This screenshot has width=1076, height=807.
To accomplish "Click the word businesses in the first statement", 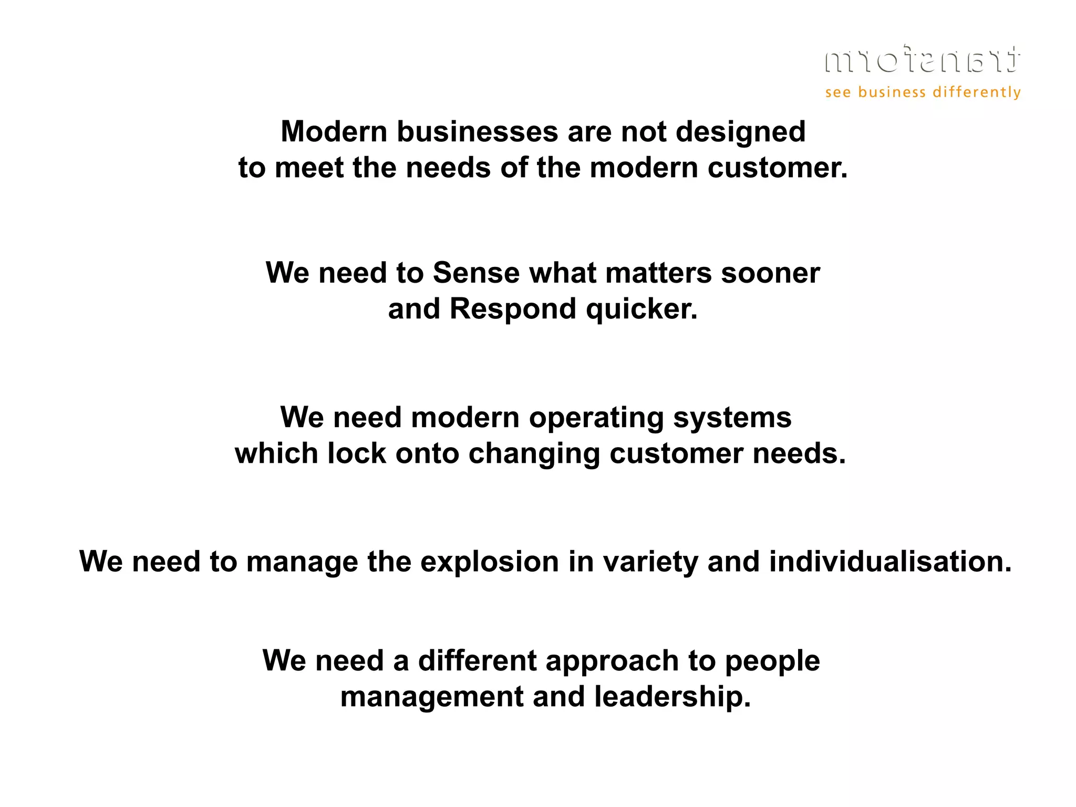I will click(x=477, y=131).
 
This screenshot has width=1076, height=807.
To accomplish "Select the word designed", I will click(x=740, y=132).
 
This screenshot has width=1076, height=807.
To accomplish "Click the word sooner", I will click(x=770, y=273).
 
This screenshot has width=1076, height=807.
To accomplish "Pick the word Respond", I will click(x=513, y=309).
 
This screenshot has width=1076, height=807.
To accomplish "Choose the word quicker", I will click(x=642, y=309).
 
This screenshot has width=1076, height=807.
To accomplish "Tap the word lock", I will click(x=357, y=453).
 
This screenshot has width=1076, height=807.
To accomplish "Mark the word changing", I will click(x=534, y=454).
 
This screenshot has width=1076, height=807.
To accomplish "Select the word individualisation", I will click(x=890, y=562).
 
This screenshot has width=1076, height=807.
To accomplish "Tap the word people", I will click(x=772, y=661).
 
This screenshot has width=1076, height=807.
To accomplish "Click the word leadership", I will click(x=672, y=698).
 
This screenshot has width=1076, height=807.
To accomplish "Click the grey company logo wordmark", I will click(x=923, y=59).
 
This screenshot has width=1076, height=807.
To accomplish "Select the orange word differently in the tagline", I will click(x=977, y=93).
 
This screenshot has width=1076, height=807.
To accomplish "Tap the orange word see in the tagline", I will click(x=838, y=93).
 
